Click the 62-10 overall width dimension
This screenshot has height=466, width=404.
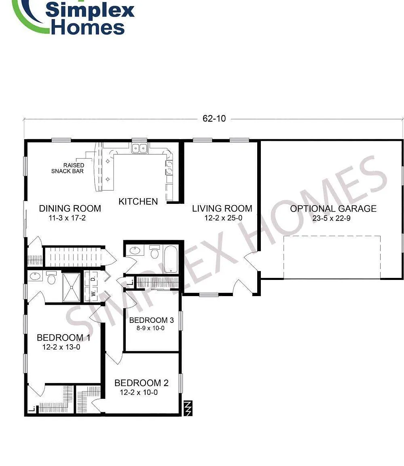coord(214,119)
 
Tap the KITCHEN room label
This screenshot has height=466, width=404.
coord(138,201)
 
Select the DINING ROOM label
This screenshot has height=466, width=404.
coord(70,208)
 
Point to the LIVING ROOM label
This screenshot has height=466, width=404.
coord(222,208)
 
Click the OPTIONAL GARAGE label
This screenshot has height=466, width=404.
coord(333,209)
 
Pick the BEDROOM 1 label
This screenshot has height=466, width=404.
coord(63,338)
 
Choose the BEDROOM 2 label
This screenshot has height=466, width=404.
coord(142,383)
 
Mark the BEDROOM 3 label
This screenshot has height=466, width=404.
coord(152,320)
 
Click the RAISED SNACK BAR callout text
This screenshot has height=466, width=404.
coord(68,168)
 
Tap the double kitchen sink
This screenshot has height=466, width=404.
coord(140,148)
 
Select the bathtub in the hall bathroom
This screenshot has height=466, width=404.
coord(171,259)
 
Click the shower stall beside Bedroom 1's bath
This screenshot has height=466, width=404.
coord(71,287)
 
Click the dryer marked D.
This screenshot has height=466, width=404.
coord(93,279)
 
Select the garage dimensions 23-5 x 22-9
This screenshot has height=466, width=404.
coord(332,218)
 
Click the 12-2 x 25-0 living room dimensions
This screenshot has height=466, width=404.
coord(223,218)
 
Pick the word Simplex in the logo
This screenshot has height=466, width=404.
coord(90,10)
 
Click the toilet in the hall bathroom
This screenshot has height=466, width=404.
coord(154,252)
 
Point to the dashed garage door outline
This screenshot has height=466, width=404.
coord(332,257)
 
